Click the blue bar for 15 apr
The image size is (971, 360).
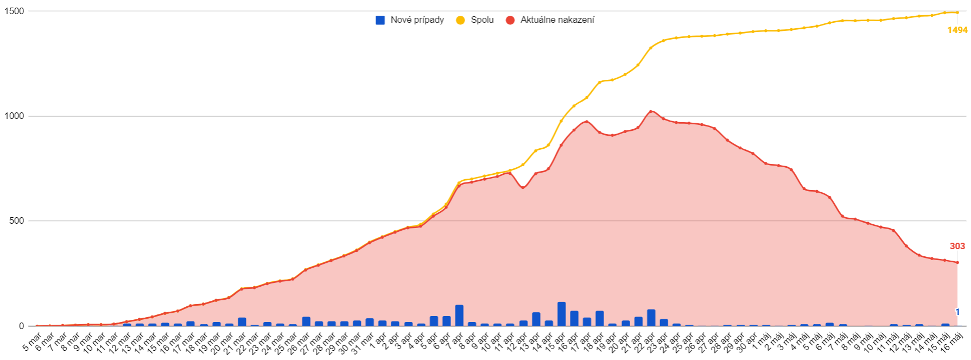tap(562, 314)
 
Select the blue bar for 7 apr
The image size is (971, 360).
tap(459, 315)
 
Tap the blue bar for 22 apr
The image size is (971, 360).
tap(651, 318)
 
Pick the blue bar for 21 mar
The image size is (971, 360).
tap(242, 321)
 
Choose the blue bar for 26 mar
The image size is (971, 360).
tap(306, 321)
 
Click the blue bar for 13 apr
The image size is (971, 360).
tap(536, 319)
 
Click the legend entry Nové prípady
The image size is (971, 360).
tap(410, 20)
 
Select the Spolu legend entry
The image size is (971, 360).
tap(475, 20)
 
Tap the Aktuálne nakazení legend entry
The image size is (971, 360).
tap(550, 20)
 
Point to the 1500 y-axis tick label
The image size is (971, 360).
tap(14, 11)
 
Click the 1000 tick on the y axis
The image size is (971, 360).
tap(14, 116)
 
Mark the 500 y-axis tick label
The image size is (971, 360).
tap(16, 221)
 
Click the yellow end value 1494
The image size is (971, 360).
tap(957, 30)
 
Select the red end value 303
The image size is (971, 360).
tap(957, 247)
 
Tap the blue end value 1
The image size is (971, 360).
tap(958, 312)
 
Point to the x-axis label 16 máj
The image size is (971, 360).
tap(953, 342)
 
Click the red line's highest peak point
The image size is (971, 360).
tap(651, 111)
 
